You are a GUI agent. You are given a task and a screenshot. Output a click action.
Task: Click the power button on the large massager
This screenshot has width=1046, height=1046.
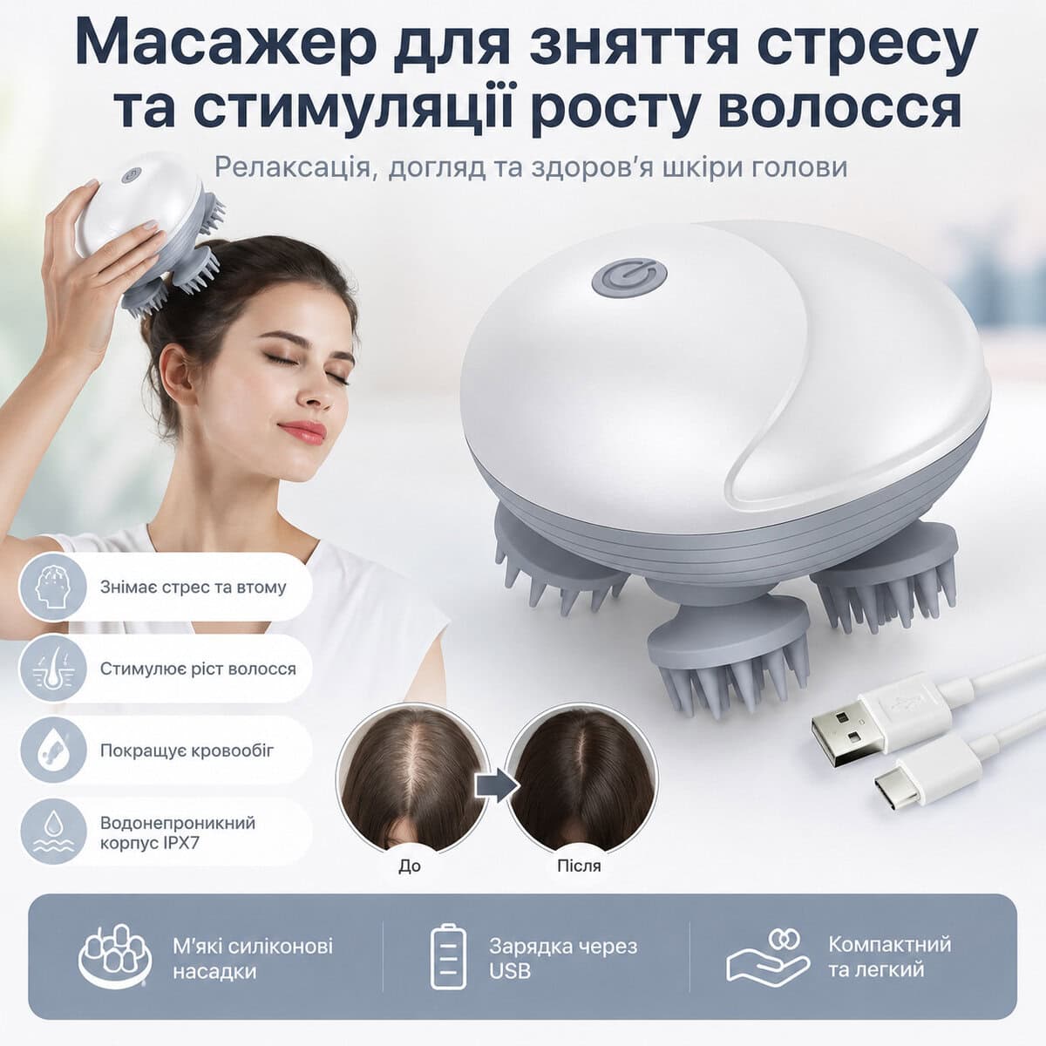[x=629, y=277]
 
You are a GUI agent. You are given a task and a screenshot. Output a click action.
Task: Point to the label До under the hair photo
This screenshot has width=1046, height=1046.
[x=410, y=866]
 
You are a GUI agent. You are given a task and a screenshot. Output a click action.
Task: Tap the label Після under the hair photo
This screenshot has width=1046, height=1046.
[x=579, y=866]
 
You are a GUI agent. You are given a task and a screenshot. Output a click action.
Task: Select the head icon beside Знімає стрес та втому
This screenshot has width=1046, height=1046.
[x=52, y=587]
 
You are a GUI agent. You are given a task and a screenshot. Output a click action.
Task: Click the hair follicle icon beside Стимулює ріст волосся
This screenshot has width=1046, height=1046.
[x=52, y=669]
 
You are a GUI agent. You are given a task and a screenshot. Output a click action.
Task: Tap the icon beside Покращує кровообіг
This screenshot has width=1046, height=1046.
[x=52, y=751]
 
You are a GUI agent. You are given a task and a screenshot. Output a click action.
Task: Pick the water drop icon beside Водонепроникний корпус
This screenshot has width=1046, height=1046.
[x=52, y=831]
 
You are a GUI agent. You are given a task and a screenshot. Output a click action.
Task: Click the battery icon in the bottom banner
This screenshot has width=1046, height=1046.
[x=448, y=956]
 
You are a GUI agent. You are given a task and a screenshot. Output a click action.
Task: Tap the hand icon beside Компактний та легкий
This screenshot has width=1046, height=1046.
[x=768, y=960]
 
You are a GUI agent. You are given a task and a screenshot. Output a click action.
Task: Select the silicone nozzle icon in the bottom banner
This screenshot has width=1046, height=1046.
[x=114, y=957]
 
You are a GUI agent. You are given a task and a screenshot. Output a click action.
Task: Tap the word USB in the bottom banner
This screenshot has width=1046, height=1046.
[x=510, y=970]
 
